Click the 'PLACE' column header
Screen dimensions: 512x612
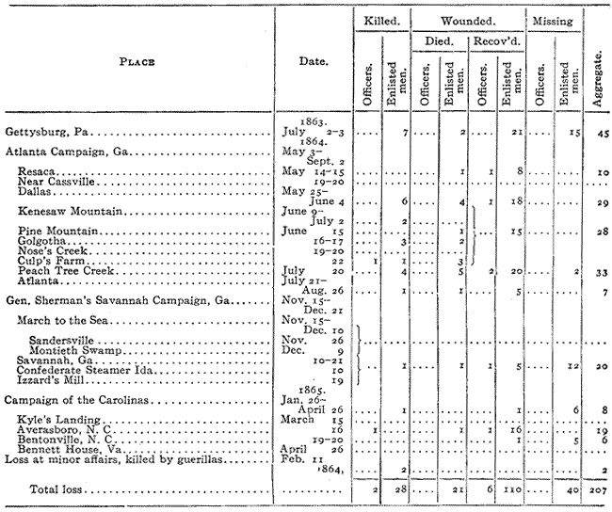[x=137, y=62]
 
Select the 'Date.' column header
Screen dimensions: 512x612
[x=313, y=62]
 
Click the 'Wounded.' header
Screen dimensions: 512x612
[x=470, y=19]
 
